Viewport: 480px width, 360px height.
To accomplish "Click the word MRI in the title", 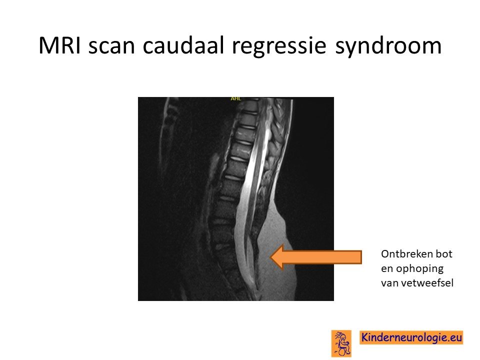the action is pyautogui.click(x=59, y=45).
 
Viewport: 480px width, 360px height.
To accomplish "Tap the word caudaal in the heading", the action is pyautogui.click(x=183, y=45).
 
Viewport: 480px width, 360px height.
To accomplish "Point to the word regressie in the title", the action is pyautogui.click(x=279, y=46).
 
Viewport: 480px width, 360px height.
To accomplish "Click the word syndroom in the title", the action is pyautogui.click(x=388, y=46).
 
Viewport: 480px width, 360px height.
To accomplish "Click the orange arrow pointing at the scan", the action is pyautogui.click(x=316, y=257).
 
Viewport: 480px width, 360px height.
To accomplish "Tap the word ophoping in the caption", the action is pyautogui.click(x=419, y=269).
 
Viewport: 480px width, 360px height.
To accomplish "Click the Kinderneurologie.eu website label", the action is pyautogui.click(x=411, y=337).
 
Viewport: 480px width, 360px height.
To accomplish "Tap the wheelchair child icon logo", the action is pyautogui.click(x=341, y=343).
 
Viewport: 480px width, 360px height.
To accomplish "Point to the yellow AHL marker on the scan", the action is pyautogui.click(x=235, y=98).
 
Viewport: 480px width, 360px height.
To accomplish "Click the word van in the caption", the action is pyautogui.click(x=389, y=283).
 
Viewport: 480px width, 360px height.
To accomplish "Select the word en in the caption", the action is pyautogui.click(x=387, y=269).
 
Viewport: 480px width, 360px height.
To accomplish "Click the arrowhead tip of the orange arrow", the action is pyautogui.click(x=271, y=257).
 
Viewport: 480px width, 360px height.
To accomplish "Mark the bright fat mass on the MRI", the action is pyautogui.click(x=275, y=254).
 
